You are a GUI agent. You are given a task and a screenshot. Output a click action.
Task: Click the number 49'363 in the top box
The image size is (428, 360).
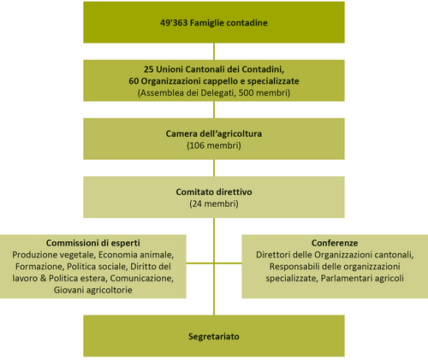click(x=174, y=23)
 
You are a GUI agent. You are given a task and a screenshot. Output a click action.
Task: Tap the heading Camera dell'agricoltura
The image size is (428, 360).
click(x=214, y=133)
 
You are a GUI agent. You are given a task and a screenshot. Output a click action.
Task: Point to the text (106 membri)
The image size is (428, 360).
click(x=214, y=145)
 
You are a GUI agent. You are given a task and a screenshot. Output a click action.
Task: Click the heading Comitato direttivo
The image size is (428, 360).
click(x=214, y=192)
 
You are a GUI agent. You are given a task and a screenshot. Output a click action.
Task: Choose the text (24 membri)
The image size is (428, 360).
click(x=214, y=204)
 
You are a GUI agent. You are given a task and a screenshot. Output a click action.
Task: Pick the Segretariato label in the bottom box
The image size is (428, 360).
click(x=214, y=336)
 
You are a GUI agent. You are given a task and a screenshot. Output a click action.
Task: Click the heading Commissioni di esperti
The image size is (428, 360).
click(x=93, y=243)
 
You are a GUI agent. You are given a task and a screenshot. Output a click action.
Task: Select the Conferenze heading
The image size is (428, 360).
click(x=335, y=243)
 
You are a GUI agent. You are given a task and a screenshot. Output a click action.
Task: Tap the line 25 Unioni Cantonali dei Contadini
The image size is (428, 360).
click(x=214, y=69)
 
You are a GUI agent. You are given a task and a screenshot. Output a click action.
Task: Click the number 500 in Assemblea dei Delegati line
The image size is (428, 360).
click(x=246, y=93)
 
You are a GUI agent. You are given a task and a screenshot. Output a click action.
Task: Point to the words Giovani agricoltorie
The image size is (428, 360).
click(x=93, y=290)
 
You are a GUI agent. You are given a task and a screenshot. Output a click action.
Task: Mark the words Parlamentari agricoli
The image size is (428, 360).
click(x=362, y=278)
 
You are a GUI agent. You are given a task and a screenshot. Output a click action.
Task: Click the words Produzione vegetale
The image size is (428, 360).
click(x=52, y=255)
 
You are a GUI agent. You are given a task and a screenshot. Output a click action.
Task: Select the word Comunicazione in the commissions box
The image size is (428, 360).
click(x=141, y=278)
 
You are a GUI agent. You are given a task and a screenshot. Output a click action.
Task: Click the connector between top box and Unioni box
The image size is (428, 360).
click(x=214, y=51)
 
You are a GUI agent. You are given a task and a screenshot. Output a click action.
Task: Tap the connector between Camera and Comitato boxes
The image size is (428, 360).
click(x=214, y=168)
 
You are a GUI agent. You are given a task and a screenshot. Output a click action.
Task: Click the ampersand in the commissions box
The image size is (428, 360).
click(x=44, y=278)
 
